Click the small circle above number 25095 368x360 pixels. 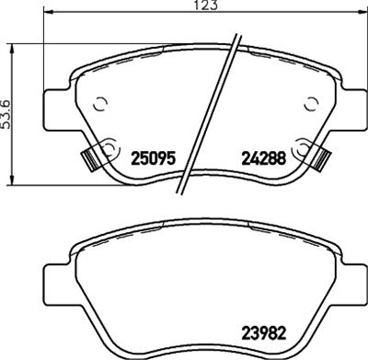coord(101,103)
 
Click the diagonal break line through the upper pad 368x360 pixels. coord(213,101)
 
